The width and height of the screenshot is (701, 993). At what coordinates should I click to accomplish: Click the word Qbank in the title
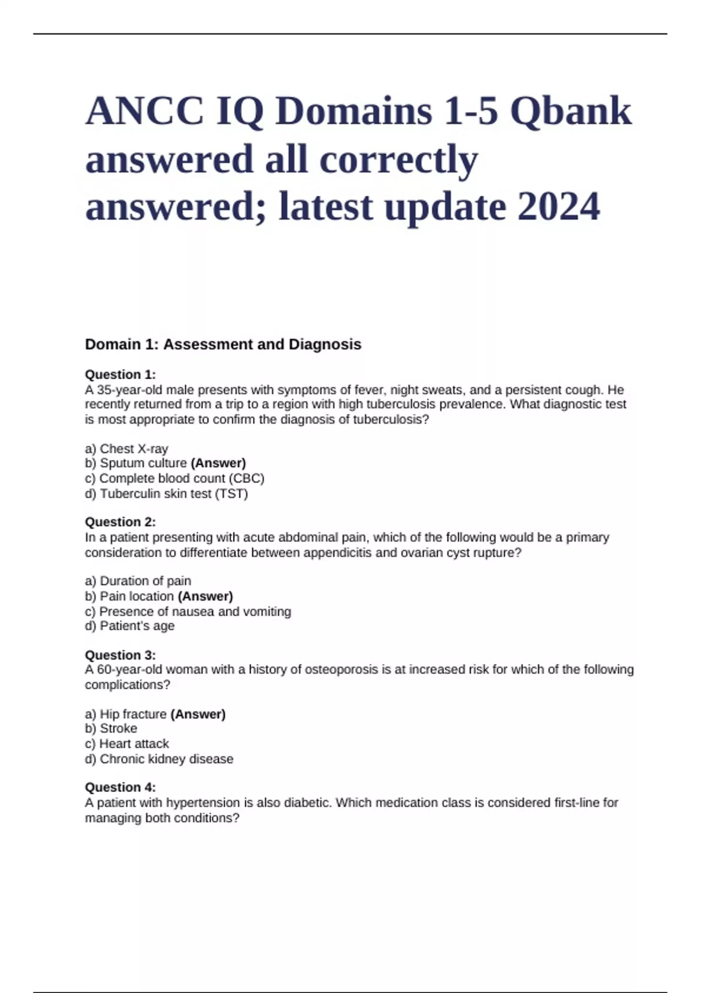coord(571,112)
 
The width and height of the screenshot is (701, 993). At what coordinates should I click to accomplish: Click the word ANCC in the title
coord(145,112)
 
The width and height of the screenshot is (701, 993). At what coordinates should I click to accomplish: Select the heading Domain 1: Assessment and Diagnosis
coord(223,345)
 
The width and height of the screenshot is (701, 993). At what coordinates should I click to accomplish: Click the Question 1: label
coord(120,374)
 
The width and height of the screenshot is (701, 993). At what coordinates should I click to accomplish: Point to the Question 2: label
coord(120,522)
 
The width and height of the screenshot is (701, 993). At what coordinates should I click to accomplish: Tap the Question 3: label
coord(120,655)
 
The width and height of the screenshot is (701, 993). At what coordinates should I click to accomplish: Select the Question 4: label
coord(120,787)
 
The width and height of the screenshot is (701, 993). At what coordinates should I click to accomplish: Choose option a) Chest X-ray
coord(127,449)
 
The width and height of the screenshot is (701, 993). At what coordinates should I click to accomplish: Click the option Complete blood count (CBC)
coord(182,478)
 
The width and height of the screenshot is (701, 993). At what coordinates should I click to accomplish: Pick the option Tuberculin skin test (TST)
coord(173,494)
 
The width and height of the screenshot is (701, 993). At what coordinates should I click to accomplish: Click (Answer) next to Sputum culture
coord(218,463)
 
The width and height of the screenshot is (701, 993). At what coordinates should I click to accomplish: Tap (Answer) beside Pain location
coord(205,596)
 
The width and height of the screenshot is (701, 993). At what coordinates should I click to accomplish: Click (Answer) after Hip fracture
coord(198,714)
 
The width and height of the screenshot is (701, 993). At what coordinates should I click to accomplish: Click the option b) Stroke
coord(112,728)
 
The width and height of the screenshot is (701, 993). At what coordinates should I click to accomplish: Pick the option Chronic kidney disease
coord(166,759)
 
